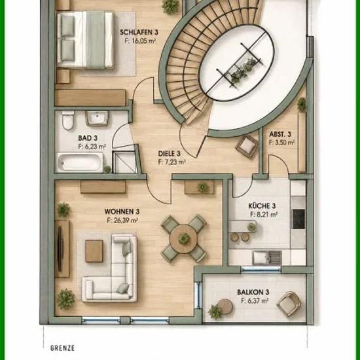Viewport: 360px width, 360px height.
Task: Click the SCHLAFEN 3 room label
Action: tap(139, 32)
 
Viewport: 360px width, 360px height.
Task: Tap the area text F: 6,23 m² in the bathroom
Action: tap(92, 147)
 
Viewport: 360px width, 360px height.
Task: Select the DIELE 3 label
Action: tap(170, 153)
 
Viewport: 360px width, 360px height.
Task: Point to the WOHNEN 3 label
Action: tap(122, 211)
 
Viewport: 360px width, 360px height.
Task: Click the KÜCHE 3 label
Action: tap(262, 206)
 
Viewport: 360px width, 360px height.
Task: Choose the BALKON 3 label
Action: tap(253, 293)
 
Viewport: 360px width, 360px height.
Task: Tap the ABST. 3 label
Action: tap(280, 134)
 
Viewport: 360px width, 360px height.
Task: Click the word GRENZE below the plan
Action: tap(62, 348)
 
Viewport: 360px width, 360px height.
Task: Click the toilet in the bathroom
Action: tap(68, 120)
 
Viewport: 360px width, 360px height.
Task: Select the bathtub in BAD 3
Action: tap(80, 162)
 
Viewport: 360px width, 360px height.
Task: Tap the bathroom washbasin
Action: tap(97, 118)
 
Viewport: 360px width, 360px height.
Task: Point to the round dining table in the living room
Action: tap(184, 239)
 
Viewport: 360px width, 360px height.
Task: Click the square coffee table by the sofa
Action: tap(94, 251)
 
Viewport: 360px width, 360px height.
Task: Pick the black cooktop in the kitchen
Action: tap(298, 219)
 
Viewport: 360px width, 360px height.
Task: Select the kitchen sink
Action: tap(267, 257)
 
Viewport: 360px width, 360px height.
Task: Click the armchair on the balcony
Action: tap(289, 304)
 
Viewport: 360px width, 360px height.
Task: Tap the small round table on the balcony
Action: tap(225, 307)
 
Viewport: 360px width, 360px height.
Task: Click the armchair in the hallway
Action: tap(247, 147)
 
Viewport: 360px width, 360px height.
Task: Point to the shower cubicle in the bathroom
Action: tap(124, 162)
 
